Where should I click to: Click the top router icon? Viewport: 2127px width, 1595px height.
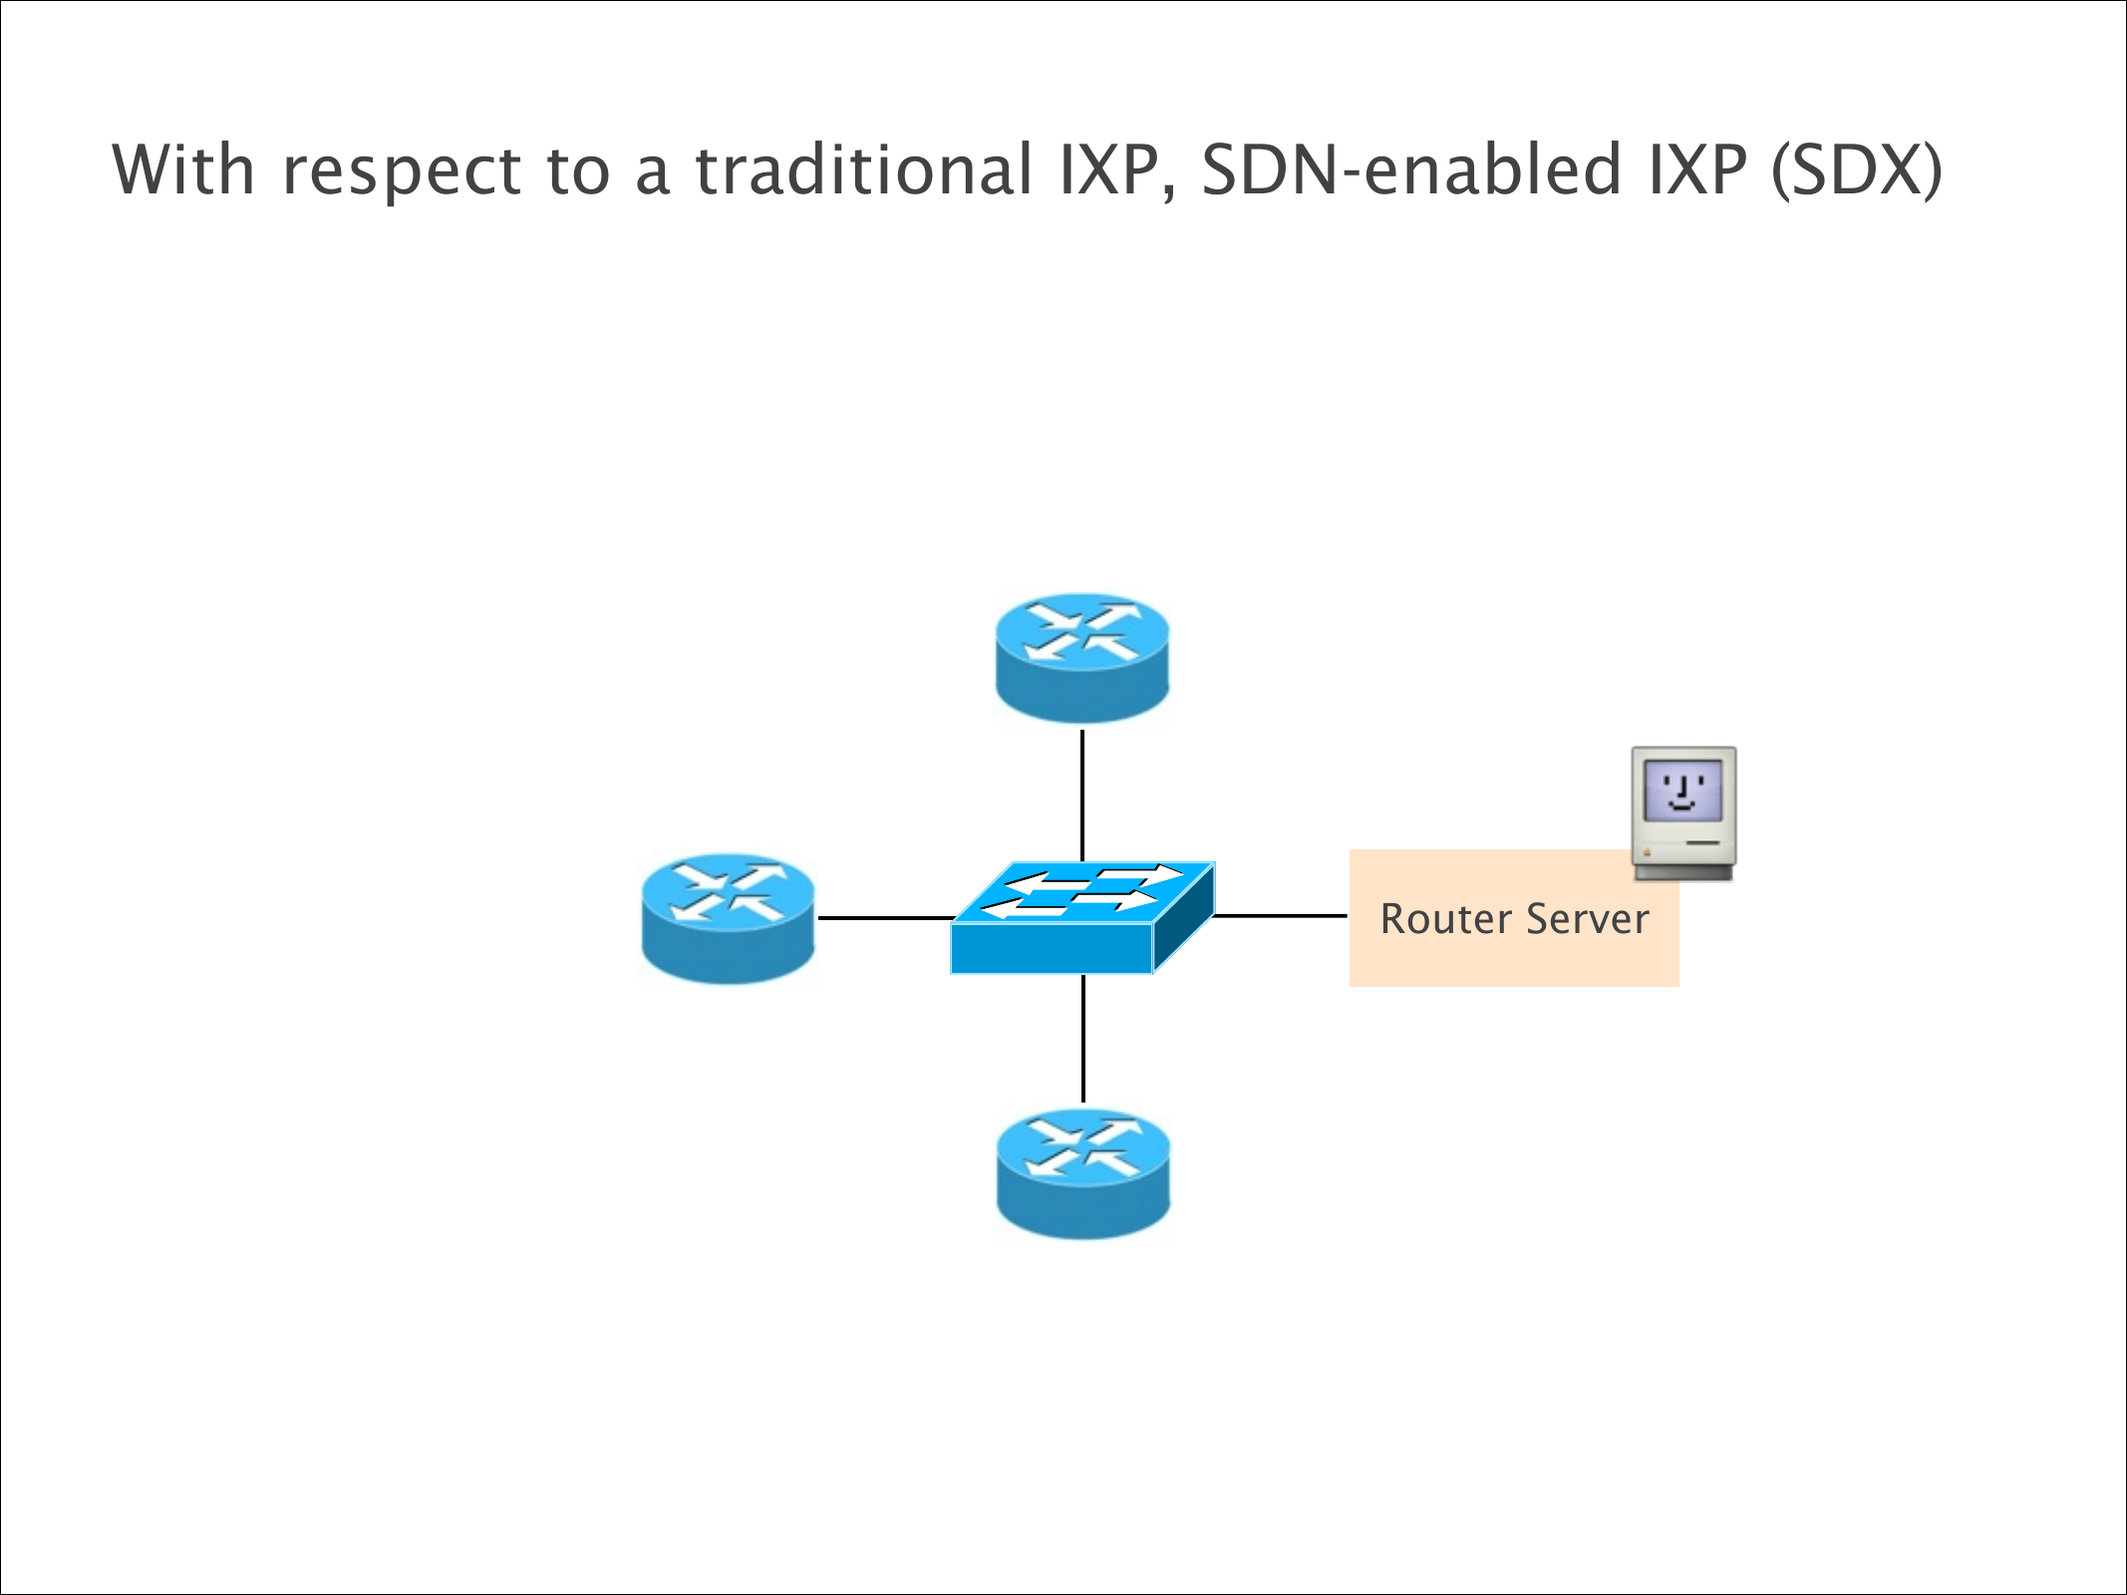point(1082,658)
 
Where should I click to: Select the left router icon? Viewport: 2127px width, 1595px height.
point(729,918)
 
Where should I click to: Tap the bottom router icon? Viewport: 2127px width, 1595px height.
point(1083,1174)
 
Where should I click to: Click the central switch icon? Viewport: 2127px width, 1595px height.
point(1081,917)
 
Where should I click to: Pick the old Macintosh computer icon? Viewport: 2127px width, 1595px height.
point(1683,812)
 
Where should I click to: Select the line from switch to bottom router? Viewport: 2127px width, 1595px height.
point(1083,1038)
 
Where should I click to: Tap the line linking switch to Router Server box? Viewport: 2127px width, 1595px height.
point(1281,915)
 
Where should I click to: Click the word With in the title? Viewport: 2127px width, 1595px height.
point(183,169)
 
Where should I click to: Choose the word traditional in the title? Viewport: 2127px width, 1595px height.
point(863,169)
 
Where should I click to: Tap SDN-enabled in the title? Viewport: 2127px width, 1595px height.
point(1411,169)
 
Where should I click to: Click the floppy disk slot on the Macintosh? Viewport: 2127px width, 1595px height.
point(1703,843)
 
